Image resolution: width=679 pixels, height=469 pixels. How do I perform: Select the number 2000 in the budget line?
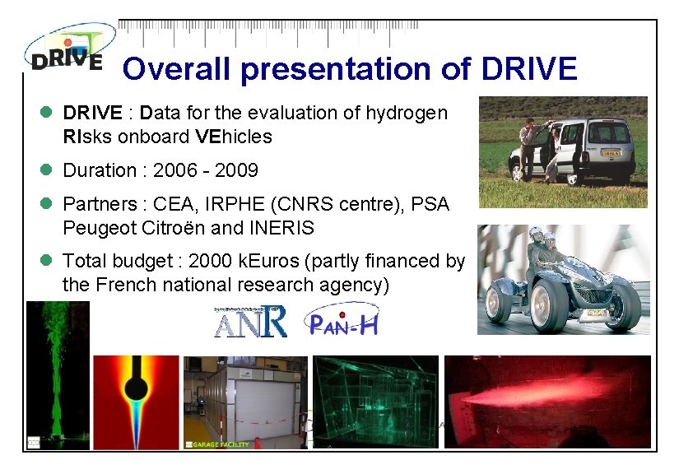click(210, 262)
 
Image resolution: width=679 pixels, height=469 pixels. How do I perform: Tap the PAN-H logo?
click(342, 321)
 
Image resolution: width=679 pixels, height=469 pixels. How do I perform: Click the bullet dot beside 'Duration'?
click(47, 171)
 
